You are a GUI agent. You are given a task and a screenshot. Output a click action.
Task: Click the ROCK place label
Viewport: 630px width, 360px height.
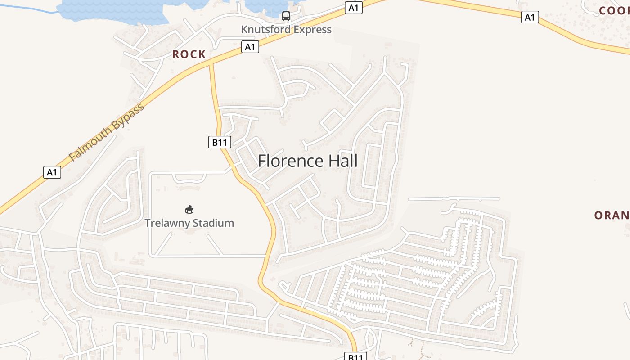point(189,54)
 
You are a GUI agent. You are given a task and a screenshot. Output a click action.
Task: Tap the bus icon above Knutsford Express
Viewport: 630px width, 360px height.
point(286,16)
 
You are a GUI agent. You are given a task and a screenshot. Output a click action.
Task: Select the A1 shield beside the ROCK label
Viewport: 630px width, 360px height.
point(250,47)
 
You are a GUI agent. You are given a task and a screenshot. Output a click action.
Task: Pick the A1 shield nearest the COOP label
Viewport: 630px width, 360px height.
point(530,18)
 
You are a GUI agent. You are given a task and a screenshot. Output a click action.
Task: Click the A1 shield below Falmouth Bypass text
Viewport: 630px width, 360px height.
point(52,172)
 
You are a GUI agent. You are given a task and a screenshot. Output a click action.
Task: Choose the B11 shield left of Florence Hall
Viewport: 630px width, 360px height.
point(220,143)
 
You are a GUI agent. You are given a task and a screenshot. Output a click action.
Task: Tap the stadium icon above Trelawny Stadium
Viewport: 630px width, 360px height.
point(189,209)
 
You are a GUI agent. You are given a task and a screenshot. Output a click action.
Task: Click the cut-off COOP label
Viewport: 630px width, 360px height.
point(614,11)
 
